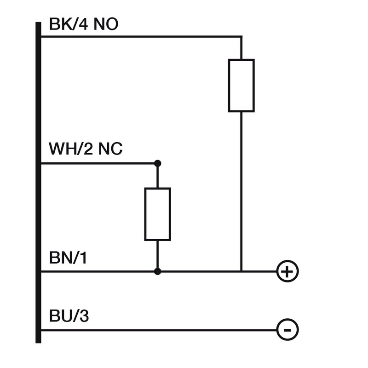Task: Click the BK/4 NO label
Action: click(83, 24)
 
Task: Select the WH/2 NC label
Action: click(86, 149)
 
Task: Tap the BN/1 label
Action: click(68, 259)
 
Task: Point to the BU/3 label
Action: click(69, 317)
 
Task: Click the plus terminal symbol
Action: click(287, 272)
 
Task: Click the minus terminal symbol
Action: click(287, 330)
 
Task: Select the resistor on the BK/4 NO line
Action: click(241, 86)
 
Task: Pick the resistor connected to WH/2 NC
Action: click(158, 214)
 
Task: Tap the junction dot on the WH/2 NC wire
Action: click(158, 163)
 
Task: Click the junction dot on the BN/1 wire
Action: click(158, 272)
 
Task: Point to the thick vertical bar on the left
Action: click(38, 184)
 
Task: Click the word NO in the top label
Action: click(106, 24)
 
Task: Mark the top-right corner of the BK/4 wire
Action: click(241, 36)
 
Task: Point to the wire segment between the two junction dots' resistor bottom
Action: click(158, 256)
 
